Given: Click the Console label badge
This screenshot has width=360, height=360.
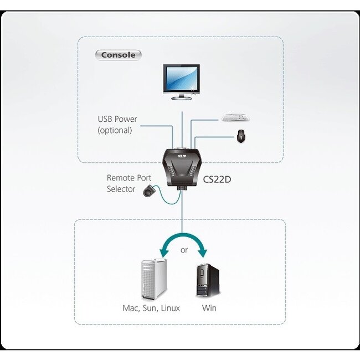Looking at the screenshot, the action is pyautogui.click(x=118, y=55).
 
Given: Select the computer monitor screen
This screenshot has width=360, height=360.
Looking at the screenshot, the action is pyautogui.click(x=181, y=79).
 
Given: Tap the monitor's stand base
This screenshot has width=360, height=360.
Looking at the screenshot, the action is pyautogui.click(x=181, y=98).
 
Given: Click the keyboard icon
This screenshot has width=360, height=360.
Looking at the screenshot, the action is pyautogui.click(x=235, y=117).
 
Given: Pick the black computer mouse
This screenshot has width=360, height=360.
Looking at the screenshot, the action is pyautogui.click(x=241, y=136).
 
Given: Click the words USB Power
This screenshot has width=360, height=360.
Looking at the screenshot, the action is pyautogui.click(x=117, y=119).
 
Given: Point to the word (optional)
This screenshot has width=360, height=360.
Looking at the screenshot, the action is pyautogui.click(x=115, y=130).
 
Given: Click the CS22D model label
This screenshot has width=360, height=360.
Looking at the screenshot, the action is pyautogui.click(x=217, y=179).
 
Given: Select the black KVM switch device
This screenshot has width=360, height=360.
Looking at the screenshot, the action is pyautogui.click(x=182, y=168).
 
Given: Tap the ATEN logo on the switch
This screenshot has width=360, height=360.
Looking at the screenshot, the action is pyautogui.click(x=182, y=156).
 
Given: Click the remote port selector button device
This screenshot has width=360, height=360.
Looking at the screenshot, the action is pyautogui.click(x=149, y=191).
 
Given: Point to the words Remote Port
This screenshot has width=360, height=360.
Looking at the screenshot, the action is pyautogui.click(x=129, y=178).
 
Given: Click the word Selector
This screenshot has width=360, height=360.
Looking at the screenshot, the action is pyautogui.click(x=121, y=189).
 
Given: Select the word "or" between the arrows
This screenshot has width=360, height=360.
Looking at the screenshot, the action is pyautogui.click(x=184, y=250).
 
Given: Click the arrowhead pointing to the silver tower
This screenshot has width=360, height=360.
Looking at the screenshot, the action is pyautogui.click(x=164, y=253).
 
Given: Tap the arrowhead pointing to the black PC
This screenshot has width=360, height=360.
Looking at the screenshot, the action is pyautogui.click(x=203, y=253).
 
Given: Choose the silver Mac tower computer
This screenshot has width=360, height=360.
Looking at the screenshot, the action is pyautogui.click(x=154, y=279).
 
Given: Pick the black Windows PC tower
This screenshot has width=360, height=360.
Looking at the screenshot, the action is pyautogui.click(x=208, y=280).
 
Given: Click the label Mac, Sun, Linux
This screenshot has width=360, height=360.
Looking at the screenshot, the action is pyautogui.click(x=151, y=308).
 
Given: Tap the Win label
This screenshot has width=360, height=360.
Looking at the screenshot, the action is pyautogui.click(x=209, y=308).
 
